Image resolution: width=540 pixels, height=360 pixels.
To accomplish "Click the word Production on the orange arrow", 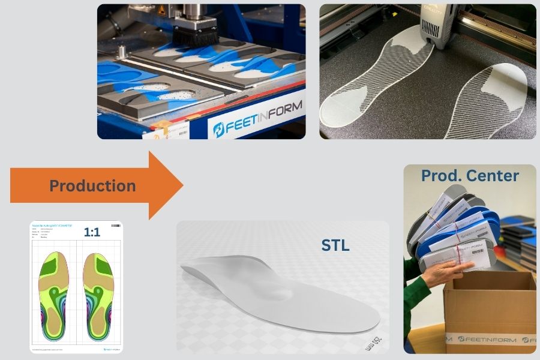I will click(x=92, y=186).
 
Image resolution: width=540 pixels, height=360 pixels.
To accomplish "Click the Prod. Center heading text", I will click(x=470, y=176).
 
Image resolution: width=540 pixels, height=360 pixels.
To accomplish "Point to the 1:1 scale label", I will click(x=92, y=232).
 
